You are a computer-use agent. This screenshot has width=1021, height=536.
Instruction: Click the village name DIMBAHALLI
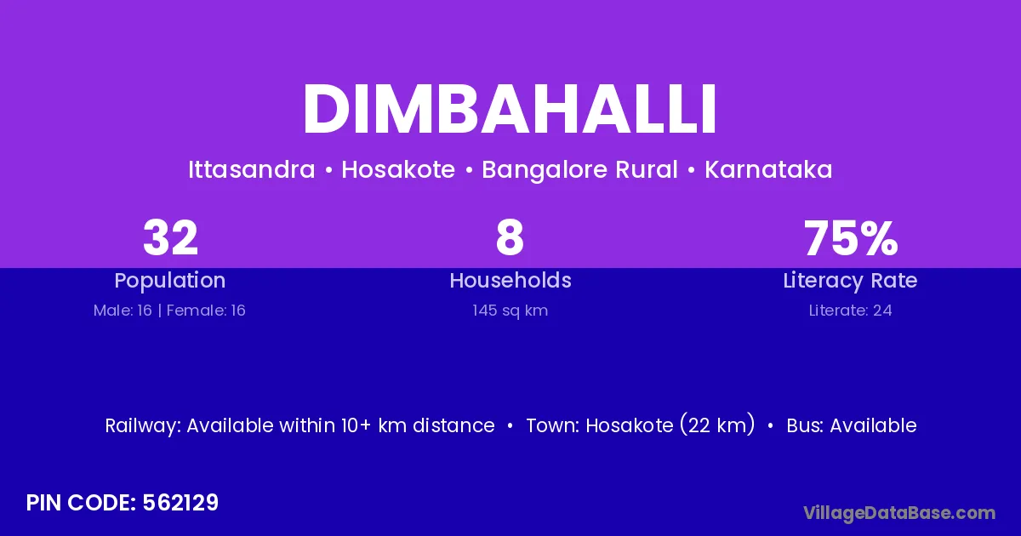510,109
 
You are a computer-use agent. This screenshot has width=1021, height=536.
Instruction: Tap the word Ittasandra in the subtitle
252,169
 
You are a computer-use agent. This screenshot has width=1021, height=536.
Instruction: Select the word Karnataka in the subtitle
768,169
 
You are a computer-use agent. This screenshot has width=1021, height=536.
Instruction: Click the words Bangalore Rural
579,170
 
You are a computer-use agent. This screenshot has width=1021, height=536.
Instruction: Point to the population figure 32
170,237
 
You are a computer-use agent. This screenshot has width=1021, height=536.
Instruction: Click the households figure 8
510,237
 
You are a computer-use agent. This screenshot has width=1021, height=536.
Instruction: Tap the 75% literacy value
851,237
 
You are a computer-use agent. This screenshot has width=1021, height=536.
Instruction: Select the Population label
170,281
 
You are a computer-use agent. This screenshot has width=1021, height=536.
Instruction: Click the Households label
510,280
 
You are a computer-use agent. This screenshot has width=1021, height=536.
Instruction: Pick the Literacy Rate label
850,281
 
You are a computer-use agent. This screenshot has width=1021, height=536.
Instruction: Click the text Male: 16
123,311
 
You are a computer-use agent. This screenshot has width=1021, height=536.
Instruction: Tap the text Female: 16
206,311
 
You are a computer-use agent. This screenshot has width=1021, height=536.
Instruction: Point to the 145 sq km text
510,311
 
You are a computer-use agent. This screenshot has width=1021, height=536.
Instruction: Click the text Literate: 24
851,311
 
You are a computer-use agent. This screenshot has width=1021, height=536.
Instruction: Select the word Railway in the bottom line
143,426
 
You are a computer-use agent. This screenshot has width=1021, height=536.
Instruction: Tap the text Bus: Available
852,425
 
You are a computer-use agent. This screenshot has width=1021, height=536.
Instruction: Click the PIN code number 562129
180,503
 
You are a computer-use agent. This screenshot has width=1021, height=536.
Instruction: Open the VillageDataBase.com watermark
899,513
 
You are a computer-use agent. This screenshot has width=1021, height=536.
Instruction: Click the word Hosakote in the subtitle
398,169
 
